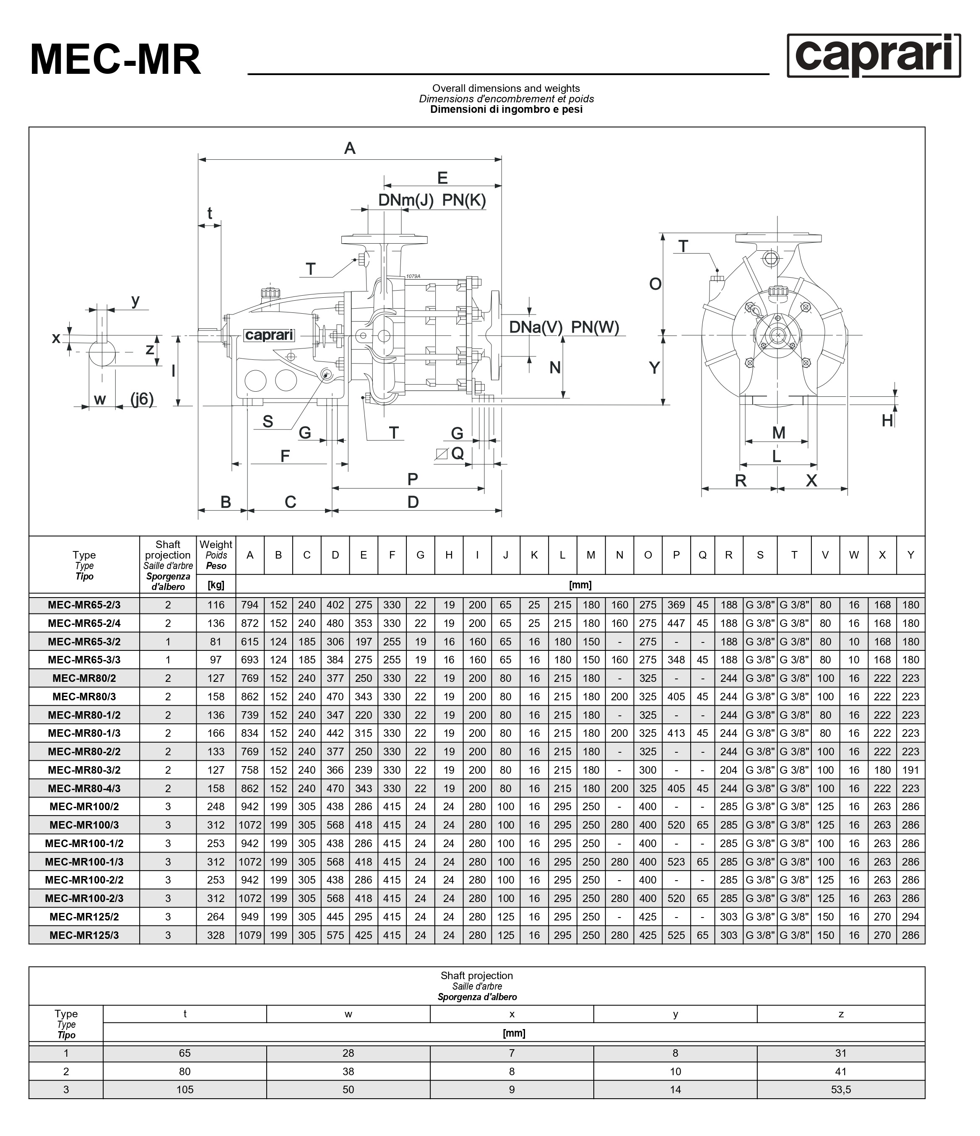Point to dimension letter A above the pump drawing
point(349,148)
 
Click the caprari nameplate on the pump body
point(269,335)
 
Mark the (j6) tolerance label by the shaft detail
point(142,399)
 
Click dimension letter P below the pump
point(413,479)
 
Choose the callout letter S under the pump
point(268,421)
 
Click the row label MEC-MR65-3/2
point(84,642)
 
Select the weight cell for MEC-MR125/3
point(216,935)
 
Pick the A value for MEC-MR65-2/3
point(250,605)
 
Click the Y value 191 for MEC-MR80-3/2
point(910,770)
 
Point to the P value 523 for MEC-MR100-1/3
point(676,862)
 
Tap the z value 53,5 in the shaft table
point(841,1089)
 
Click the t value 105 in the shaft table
point(185,1089)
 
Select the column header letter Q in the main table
point(702,555)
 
